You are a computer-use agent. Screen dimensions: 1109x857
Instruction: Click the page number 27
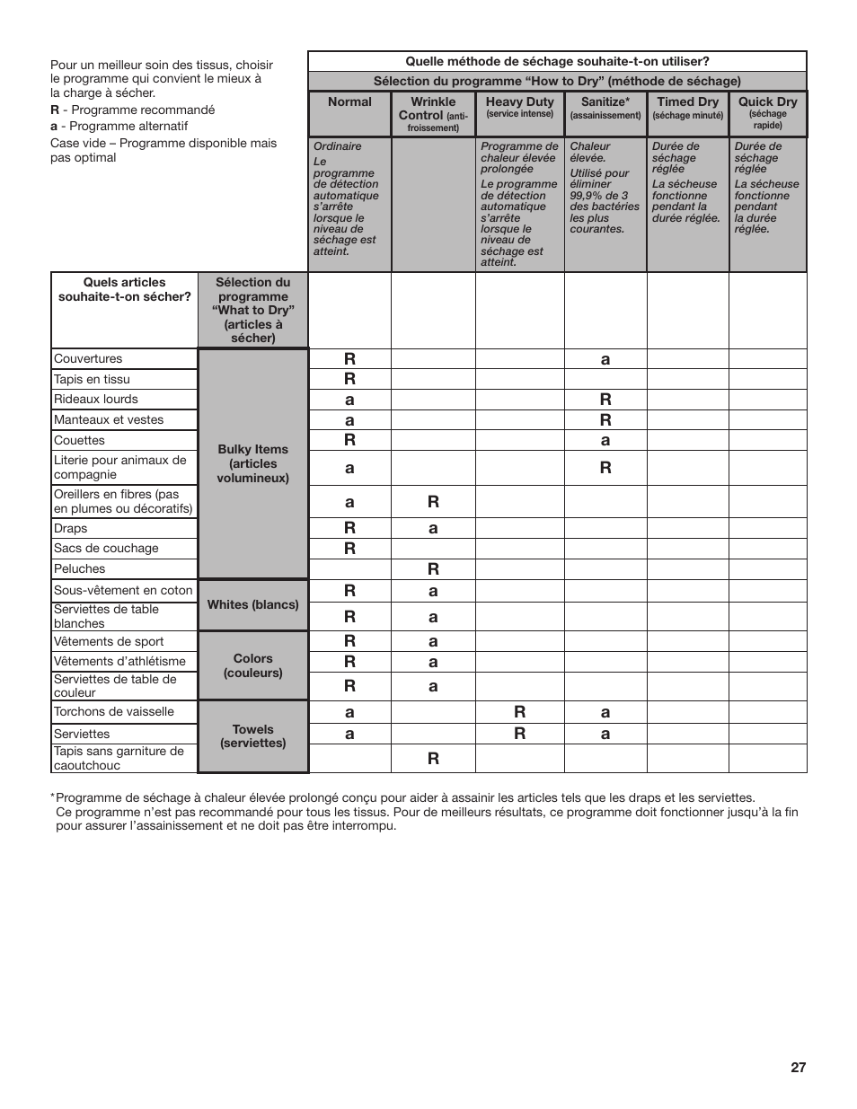click(798, 1068)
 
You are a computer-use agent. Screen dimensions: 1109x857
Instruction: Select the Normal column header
click(349, 102)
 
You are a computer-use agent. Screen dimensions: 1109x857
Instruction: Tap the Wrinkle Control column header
click(433, 113)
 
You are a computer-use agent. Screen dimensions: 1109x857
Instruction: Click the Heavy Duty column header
click(519, 106)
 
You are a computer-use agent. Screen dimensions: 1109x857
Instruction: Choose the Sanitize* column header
click(605, 107)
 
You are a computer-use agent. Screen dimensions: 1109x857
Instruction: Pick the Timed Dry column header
click(687, 107)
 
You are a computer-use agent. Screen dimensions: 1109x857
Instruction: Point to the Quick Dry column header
click(767, 111)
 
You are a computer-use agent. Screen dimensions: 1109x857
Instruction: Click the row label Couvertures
click(88, 358)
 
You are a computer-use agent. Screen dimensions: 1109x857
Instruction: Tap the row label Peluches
click(79, 569)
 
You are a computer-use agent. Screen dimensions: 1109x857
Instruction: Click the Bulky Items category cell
click(252, 463)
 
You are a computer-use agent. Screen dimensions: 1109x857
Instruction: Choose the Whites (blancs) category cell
click(252, 604)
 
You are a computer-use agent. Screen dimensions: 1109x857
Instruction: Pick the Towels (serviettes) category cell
click(252, 736)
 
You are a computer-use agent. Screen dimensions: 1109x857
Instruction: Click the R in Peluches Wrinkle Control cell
click(433, 568)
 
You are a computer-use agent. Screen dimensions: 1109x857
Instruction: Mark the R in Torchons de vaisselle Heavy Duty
click(519, 711)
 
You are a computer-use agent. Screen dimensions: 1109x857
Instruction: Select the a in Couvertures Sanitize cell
click(605, 359)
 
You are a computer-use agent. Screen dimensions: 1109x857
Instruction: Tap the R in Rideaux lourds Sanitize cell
click(605, 399)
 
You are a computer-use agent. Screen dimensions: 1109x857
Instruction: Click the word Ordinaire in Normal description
click(338, 146)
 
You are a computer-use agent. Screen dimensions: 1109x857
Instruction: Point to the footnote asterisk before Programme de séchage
click(53, 797)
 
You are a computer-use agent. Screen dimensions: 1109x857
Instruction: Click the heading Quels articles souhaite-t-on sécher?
click(124, 289)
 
